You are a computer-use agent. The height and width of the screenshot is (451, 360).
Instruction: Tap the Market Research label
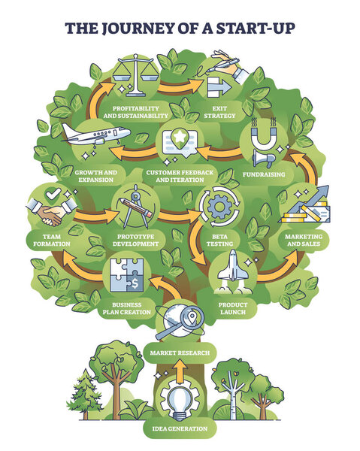point(179,352)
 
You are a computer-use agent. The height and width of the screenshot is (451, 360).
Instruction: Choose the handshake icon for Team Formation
point(51,213)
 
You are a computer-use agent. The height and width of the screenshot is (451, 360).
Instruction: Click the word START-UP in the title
point(248,28)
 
